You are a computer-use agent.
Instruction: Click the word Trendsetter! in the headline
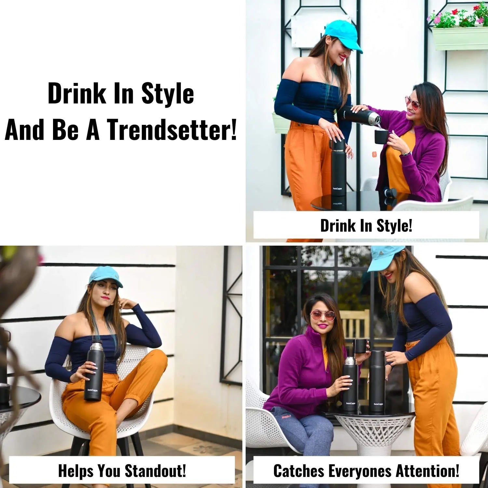172,129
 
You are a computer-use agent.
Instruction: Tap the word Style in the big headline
168,94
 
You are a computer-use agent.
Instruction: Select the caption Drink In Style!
366,225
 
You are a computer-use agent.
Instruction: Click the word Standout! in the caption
156,470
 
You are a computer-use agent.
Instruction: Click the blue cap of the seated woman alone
106,276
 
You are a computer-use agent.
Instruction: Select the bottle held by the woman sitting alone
93,370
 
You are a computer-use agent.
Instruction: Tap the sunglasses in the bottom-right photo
322,315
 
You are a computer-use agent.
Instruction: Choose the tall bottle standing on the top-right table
338,171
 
